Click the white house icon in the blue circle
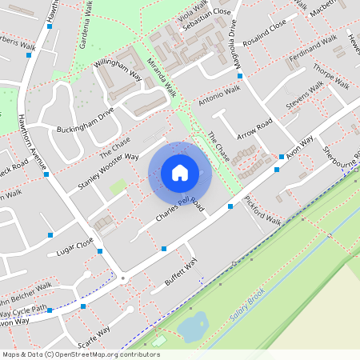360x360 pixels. point(180,172)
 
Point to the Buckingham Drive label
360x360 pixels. point(86,118)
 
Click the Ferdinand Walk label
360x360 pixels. point(313,48)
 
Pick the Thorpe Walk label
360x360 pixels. point(330,74)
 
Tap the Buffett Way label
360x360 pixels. point(180,272)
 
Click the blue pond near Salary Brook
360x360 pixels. point(194,326)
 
